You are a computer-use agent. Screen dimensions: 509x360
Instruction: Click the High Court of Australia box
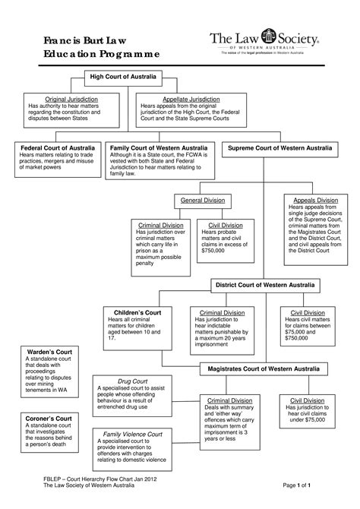point(125,77)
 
